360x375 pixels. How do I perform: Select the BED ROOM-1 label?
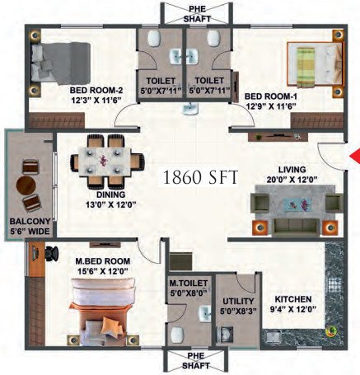270,96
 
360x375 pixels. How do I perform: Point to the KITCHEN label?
294,300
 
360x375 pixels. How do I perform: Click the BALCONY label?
27,222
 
